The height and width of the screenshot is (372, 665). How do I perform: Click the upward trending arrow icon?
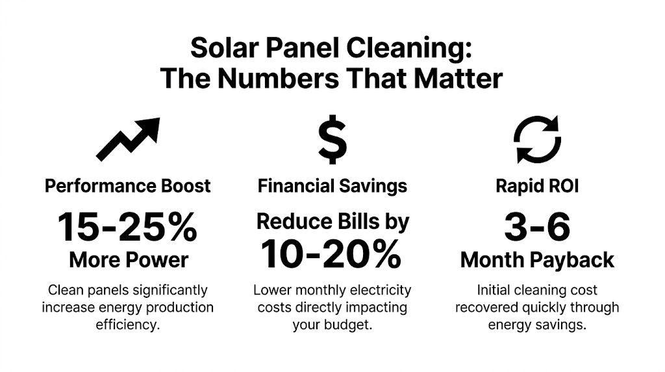pyautogui.click(x=128, y=139)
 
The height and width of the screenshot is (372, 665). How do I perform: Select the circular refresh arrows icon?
pyautogui.click(x=537, y=139)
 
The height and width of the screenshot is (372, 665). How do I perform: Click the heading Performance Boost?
pyautogui.click(x=128, y=186)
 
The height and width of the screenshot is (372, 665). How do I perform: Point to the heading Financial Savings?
pyautogui.click(x=332, y=186)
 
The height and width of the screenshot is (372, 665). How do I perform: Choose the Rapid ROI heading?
pyautogui.click(x=537, y=186)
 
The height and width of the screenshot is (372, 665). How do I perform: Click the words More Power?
pyautogui.click(x=128, y=260)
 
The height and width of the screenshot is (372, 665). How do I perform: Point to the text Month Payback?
pyautogui.click(x=537, y=260)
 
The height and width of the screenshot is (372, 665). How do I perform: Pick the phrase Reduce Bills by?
pyautogui.click(x=332, y=222)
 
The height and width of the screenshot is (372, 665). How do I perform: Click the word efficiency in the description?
pyautogui.click(x=128, y=324)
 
